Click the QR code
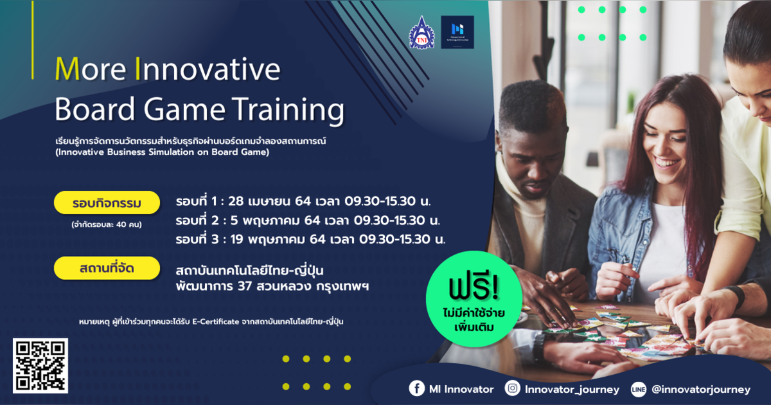click(40, 365)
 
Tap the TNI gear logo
click(421, 33)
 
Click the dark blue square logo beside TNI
click(457, 32)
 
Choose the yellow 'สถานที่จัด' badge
click(107, 268)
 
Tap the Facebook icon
click(417, 388)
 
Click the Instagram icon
click(513, 388)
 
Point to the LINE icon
click(639, 389)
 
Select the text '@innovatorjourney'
click(700, 389)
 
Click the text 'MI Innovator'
click(462, 389)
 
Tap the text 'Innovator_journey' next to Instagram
click(572, 389)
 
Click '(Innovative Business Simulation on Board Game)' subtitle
click(162, 153)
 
